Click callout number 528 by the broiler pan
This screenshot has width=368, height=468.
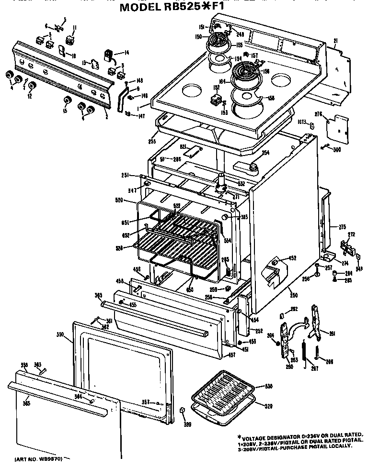269,406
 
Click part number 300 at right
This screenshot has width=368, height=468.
337,150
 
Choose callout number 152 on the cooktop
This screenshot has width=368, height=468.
217,88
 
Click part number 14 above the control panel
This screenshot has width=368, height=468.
127,53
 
